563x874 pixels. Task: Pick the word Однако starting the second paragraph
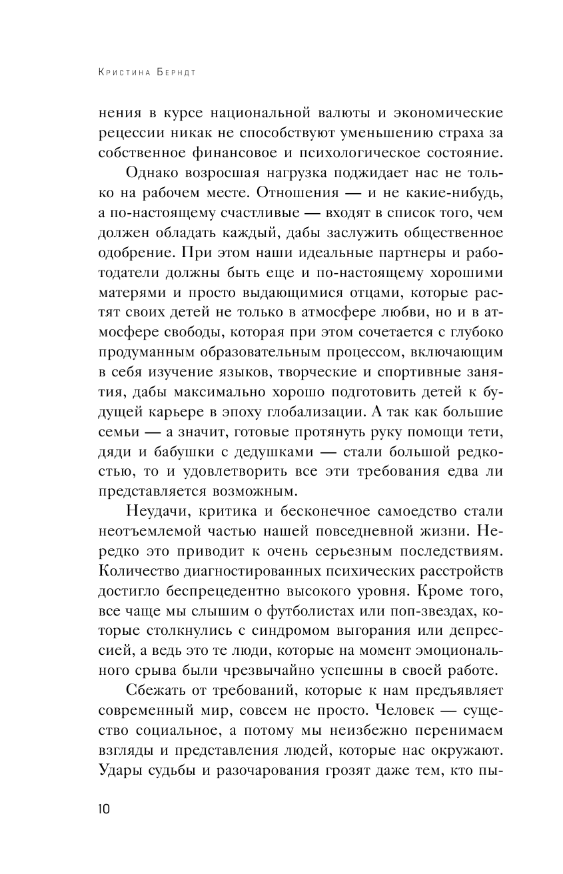[x=151, y=173]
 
